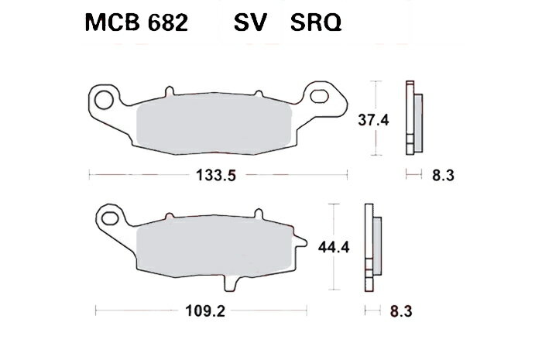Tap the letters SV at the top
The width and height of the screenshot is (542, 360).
[252, 24]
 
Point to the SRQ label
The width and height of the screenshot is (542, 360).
[317, 24]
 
